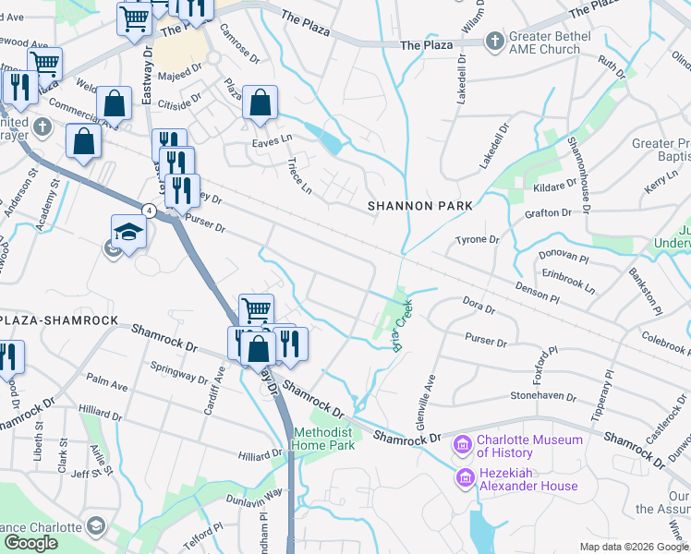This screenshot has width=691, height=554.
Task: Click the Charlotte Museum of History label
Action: click(x=530, y=446)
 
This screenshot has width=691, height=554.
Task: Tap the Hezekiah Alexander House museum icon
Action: click(x=466, y=478)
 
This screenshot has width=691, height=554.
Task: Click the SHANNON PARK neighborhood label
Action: click(x=420, y=206)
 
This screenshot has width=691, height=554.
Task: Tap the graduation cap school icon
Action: click(x=128, y=233)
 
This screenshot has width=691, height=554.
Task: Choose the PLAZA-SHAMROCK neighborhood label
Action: click(x=58, y=319)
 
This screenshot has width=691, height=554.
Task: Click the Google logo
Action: click(x=30, y=542)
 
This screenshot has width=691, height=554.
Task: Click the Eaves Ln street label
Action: click(x=272, y=142)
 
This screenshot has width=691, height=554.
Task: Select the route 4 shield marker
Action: click(x=148, y=211)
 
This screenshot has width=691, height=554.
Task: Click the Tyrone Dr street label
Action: click(x=477, y=240)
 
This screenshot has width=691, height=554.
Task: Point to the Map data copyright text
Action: click(x=633, y=547)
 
